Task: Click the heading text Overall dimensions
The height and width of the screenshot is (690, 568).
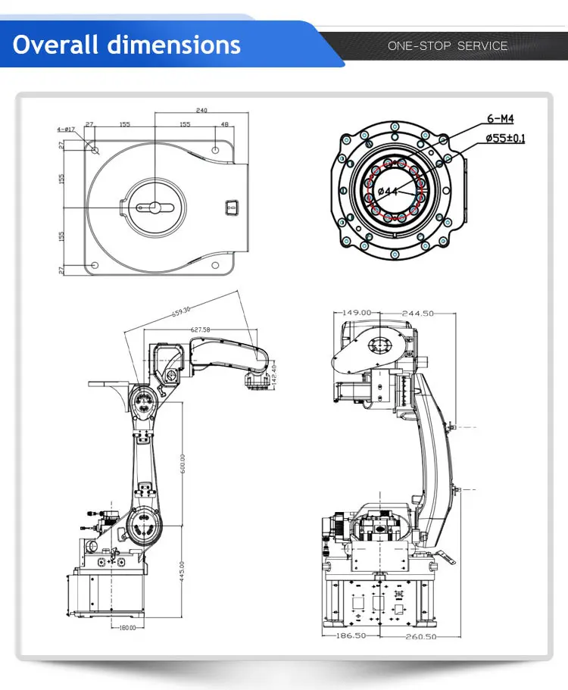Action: click(x=126, y=45)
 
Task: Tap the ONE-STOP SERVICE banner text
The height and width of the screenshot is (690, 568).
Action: click(x=448, y=46)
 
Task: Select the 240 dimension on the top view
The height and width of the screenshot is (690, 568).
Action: click(x=201, y=111)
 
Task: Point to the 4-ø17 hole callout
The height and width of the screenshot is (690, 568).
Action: click(x=66, y=129)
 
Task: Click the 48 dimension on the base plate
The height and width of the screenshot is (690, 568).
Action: click(x=224, y=124)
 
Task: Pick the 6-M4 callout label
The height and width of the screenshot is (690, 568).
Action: click(x=500, y=119)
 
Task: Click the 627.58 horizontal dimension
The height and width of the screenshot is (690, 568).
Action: click(x=201, y=329)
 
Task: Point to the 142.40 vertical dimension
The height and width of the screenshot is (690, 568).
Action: click(x=274, y=371)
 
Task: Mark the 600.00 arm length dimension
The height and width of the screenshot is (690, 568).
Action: click(x=182, y=462)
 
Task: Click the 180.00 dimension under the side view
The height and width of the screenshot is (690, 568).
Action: click(x=126, y=627)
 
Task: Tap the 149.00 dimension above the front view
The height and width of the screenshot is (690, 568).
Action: click(x=357, y=312)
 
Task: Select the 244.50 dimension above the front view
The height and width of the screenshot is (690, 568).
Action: click(x=417, y=312)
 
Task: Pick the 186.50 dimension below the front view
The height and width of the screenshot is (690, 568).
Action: click(x=351, y=636)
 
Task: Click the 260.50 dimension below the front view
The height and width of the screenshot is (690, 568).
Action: click(x=419, y=636)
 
